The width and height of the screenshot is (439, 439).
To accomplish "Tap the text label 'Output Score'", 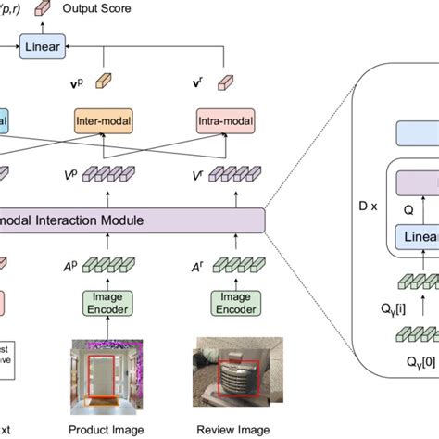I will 95,8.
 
